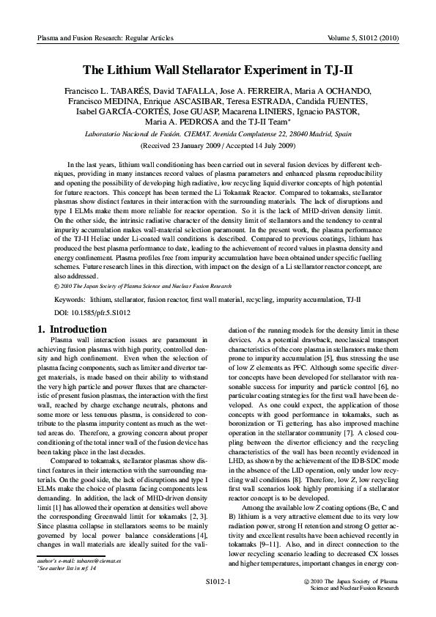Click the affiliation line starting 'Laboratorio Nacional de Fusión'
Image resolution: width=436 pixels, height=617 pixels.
218,136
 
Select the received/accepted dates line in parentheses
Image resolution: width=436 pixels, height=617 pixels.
218,147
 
